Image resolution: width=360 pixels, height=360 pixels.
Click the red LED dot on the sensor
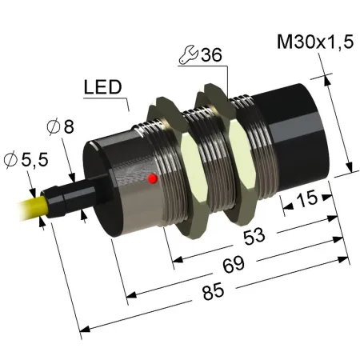(x=153, y=178)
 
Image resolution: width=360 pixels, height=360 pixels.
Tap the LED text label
(x=102, y=87)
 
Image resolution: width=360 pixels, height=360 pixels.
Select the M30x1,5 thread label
(x=315, y=42)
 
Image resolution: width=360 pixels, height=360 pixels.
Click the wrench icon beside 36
(x=188, y=55)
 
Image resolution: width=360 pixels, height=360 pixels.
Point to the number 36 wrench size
(x=211, y=55)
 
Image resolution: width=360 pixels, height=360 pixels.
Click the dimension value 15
(x=307, y=198)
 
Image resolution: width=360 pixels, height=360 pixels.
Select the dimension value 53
(x=254, y=236)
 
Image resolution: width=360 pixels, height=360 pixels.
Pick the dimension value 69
(x=234, y=265)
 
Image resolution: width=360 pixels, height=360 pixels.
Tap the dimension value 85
(x=213, y=292)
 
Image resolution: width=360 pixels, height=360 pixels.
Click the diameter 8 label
(x=61, y=126)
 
